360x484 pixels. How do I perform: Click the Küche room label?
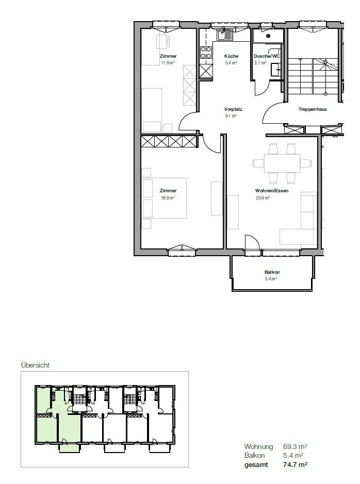231,56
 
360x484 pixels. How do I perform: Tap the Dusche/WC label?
267,56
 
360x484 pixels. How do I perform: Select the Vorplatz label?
233,109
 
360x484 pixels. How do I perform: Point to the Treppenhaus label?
312,109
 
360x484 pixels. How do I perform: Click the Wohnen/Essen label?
271,191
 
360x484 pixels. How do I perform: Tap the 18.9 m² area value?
168,197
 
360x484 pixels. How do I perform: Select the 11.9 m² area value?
168,63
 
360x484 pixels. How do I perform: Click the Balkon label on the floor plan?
272,272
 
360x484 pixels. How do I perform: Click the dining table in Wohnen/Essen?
282,163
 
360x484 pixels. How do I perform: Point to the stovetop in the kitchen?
206,53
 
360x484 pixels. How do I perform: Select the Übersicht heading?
35,365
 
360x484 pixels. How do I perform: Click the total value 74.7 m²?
295,464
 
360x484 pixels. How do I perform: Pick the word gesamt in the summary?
256,464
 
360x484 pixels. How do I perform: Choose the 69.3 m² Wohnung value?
295,446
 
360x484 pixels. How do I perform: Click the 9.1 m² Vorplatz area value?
231,116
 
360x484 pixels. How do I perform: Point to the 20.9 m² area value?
263,197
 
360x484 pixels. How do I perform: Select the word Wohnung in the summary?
258,446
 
